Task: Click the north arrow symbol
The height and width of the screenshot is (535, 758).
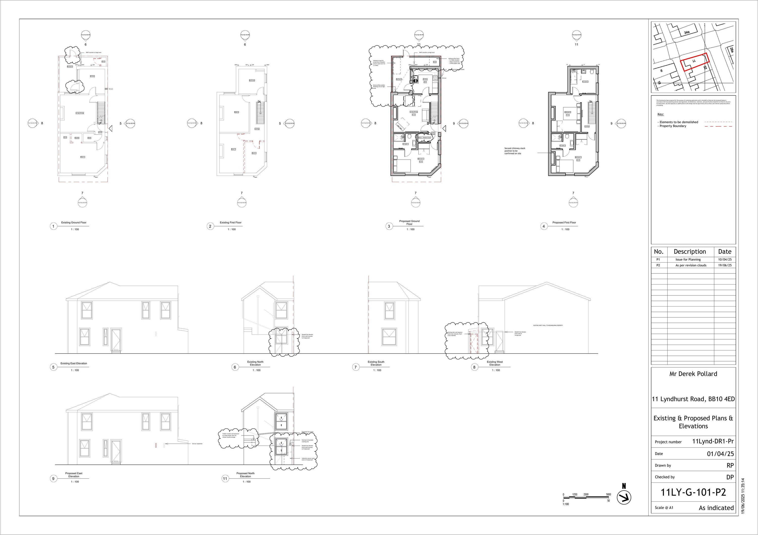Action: point(624,497)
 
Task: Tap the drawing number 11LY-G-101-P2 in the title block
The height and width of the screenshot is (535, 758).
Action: point(693,492)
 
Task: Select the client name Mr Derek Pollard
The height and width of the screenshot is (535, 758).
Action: point(693,374)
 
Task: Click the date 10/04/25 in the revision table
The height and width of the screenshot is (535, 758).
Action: point(724,260)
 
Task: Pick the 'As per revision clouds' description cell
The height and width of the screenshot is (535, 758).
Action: point(691,265)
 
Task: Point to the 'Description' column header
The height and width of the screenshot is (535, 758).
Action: point(690,251)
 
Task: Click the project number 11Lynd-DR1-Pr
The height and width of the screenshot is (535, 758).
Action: point(713,441)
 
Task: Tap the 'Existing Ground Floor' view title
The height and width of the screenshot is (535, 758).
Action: point(74,223)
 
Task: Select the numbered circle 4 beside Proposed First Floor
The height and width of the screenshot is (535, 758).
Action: point(543,226)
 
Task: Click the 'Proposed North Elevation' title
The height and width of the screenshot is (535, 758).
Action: point(245,475)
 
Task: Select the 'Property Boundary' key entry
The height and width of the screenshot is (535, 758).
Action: point(673,126)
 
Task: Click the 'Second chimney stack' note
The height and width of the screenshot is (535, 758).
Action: point(514,151)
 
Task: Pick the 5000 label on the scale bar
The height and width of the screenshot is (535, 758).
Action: point(608,494)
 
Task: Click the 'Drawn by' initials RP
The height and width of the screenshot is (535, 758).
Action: point(730,465)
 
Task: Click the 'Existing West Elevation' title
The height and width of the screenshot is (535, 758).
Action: point(494,363)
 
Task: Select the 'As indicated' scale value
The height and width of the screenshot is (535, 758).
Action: point(716,508)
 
